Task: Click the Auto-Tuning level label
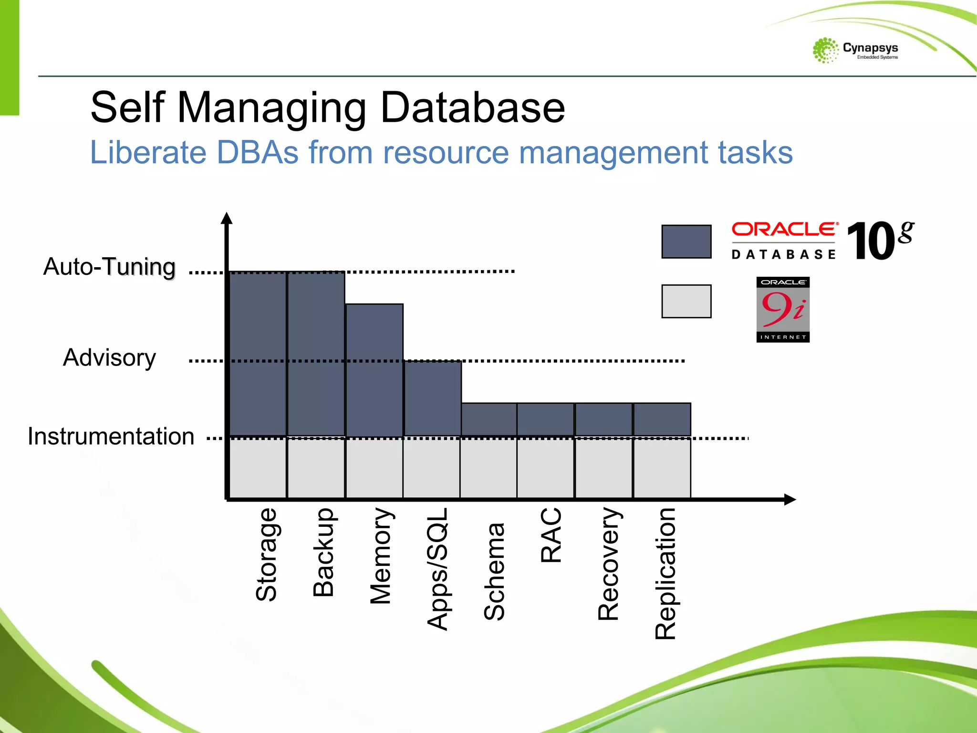[109, 267]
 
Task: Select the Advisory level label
[109, 358]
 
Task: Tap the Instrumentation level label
[111, 437]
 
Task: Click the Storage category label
[266, 554]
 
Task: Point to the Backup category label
[323, 552]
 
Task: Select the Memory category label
[381, 556]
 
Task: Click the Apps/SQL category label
[437, 569]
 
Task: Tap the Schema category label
[494, 571]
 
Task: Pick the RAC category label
[551, 535]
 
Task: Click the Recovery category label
[609, 564]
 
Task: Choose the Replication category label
[665, 573]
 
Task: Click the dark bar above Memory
[374, 370]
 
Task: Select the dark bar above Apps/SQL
[433, 398]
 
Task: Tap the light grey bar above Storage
[258, 468]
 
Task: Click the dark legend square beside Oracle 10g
[686, 241]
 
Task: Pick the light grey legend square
[686, 301]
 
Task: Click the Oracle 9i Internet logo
[783, 309]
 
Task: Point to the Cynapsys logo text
[870, 48]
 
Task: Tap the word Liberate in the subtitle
[148, 153]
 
